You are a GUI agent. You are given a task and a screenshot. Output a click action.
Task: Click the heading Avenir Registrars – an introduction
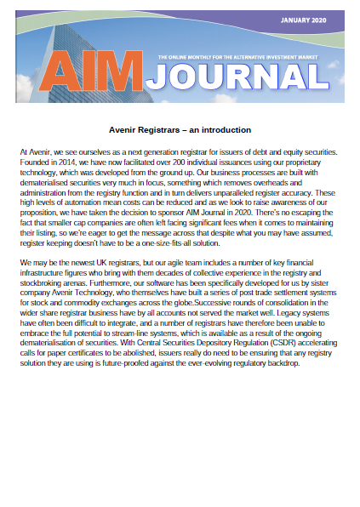click(180, 130)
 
